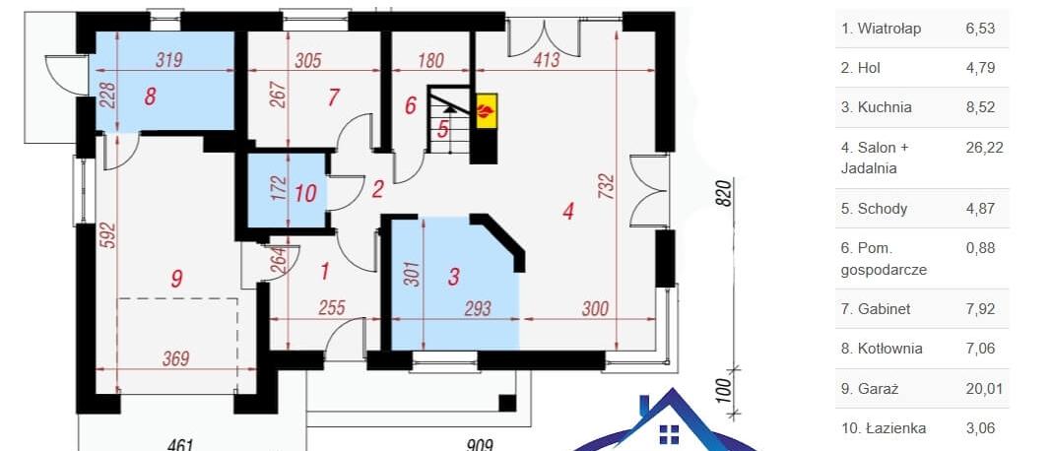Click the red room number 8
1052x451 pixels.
151,97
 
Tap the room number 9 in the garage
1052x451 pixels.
176,278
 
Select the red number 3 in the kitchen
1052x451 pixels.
453,276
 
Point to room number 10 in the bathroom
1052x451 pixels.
305,193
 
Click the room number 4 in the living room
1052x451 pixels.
569,212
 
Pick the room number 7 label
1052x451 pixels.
334,97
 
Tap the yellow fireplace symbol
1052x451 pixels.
487,108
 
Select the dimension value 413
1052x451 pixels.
547,60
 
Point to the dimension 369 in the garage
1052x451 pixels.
175,358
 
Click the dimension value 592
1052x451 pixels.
108,235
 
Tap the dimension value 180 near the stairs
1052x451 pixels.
430,60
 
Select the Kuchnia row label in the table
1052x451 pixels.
877,107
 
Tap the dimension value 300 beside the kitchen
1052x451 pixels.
595,308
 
